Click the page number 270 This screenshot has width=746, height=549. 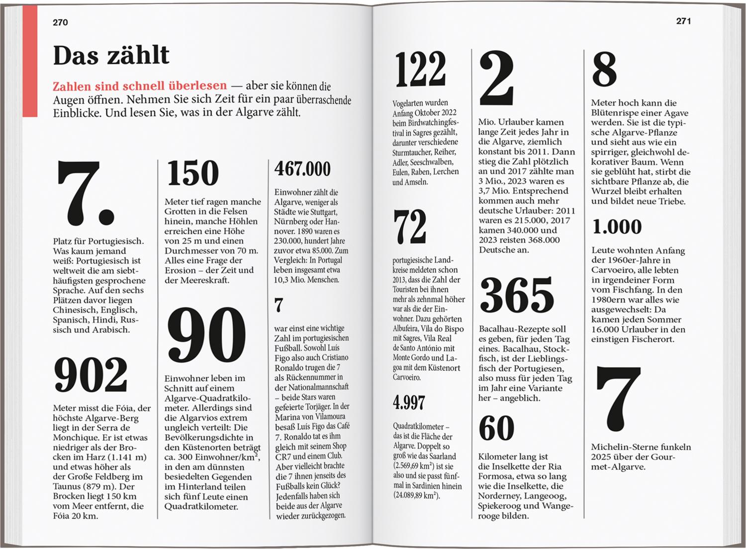click(60, 22)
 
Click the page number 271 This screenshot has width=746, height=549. click(683, 21)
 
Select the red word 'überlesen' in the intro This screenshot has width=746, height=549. click(197, 86)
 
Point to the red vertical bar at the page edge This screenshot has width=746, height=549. click(30, 60)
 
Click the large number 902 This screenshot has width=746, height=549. click(91, 375)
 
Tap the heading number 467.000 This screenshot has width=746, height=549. click(302, 169)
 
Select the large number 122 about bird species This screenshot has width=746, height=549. click(420, 70)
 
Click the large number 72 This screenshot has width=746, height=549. click(410, 227)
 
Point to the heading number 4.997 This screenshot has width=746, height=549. click(409, 402)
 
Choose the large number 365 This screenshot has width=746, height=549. click(517, 296)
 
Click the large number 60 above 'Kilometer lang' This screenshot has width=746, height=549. click(496, 428)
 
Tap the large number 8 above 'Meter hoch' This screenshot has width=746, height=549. click(604, 70)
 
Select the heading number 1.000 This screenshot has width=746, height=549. click(617, 227)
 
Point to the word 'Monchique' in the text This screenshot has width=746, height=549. click(76, 438)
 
